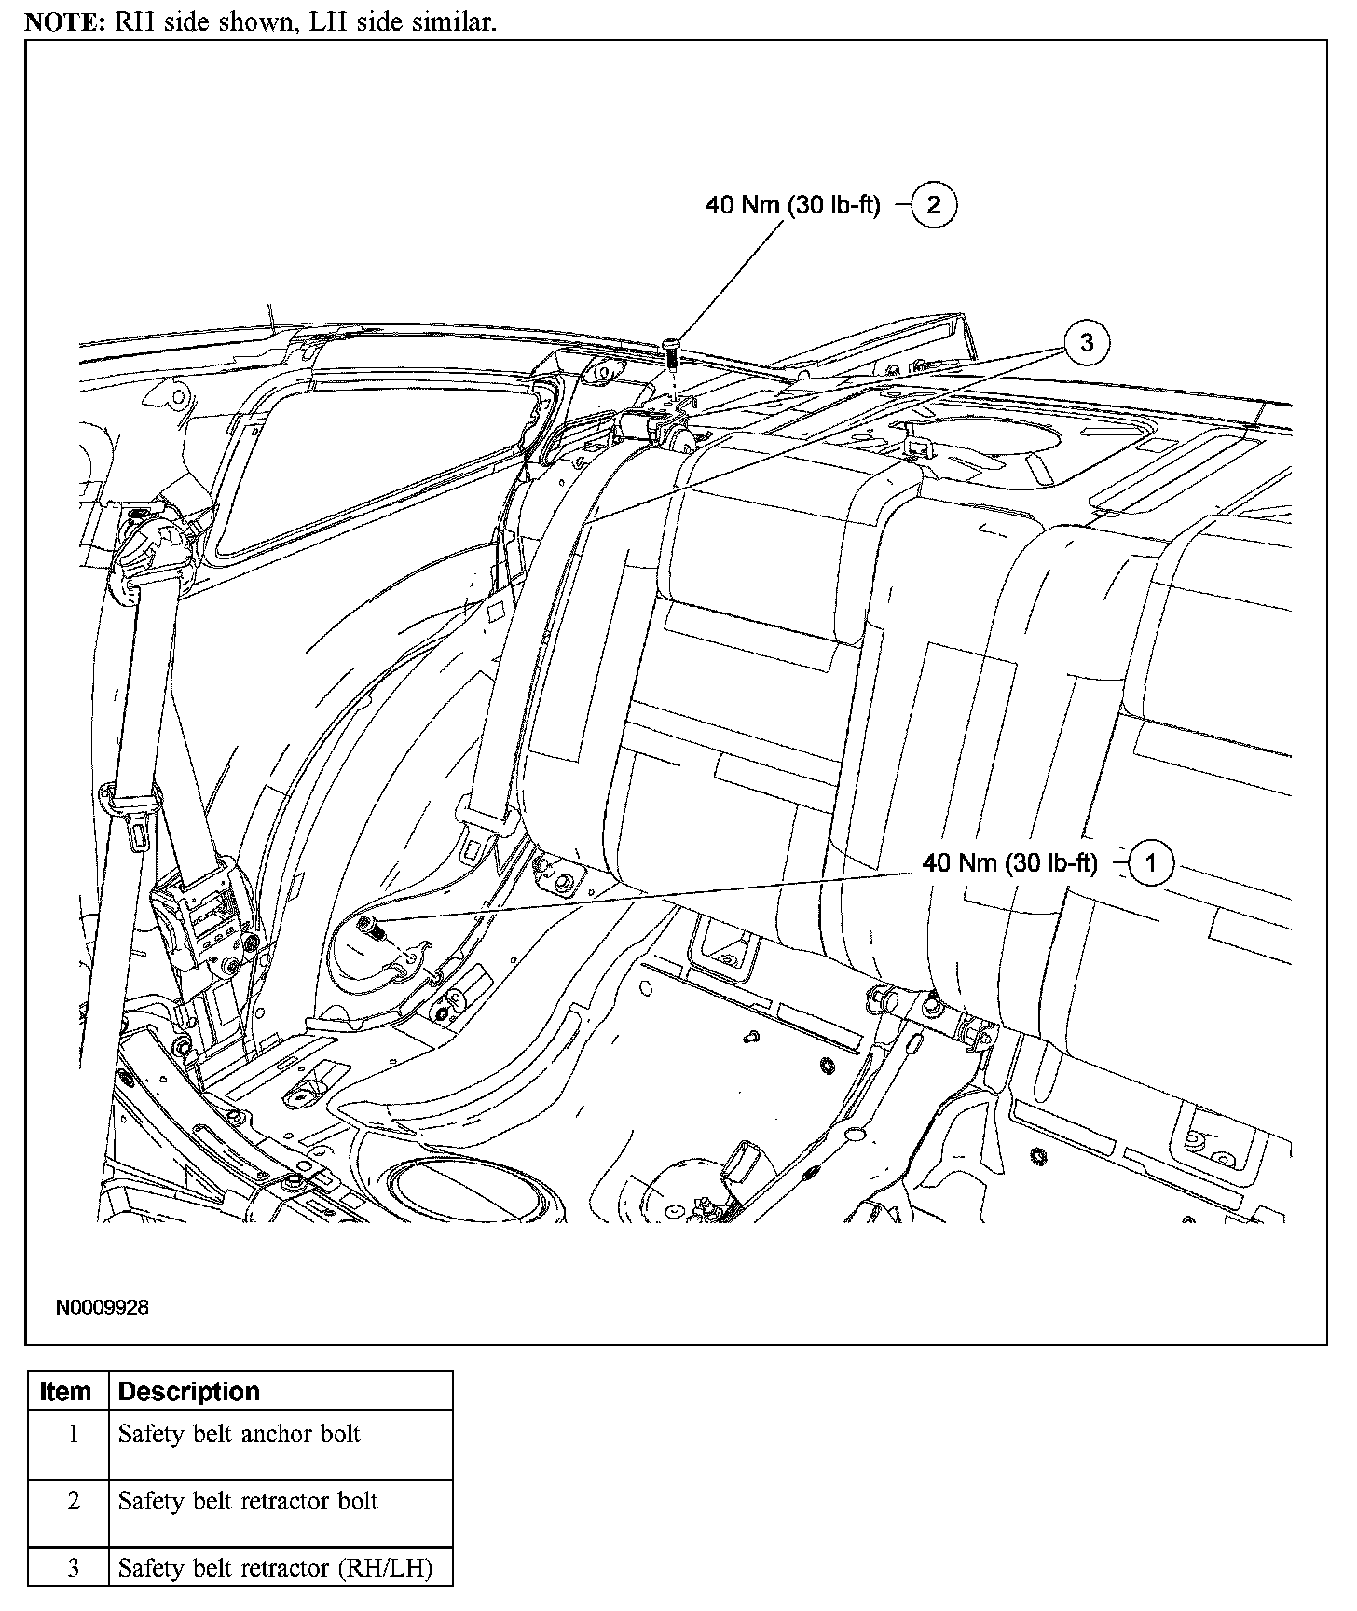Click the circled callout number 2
(933, 205)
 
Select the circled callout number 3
(1086, 343)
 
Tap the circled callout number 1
(1150, 863)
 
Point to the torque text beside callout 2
(792, 205)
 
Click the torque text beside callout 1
(1010, 863)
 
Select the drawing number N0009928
(102, 1307)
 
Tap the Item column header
(65, 1392)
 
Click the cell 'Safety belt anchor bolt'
(239, 1434)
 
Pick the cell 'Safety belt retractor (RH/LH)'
(275, 1568)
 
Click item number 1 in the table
(73, 1434)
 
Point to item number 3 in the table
(73, 1568)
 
